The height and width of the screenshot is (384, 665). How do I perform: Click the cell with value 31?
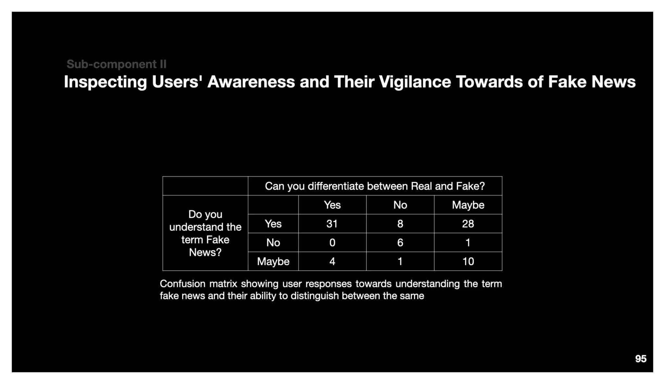tap(332, 224)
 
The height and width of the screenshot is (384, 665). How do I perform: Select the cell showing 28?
tap(468, 224)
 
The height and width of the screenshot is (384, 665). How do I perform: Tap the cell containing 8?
tap(400, 224)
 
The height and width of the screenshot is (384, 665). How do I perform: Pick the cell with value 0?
tap(332, 243)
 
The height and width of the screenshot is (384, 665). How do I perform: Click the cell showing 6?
tap(400, 243)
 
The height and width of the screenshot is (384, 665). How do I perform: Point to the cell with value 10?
tap(468, 261)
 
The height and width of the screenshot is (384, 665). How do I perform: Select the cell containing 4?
tap(332, 261)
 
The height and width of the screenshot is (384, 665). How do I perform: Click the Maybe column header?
tap(468, 205)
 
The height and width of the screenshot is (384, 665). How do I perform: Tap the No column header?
tap(400, 205)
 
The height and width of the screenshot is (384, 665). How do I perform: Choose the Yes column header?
tap(332, 205)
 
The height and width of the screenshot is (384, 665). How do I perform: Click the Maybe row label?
tap(273, 261)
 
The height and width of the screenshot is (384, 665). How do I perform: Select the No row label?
tap(273, 243)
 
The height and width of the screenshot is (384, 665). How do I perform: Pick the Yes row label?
tap(273, 224)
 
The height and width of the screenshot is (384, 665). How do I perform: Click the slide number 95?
tap(640, 359)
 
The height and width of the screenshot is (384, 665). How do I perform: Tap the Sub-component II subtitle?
tap(116, 64)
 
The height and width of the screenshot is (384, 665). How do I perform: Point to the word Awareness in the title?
tap(251, 82)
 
